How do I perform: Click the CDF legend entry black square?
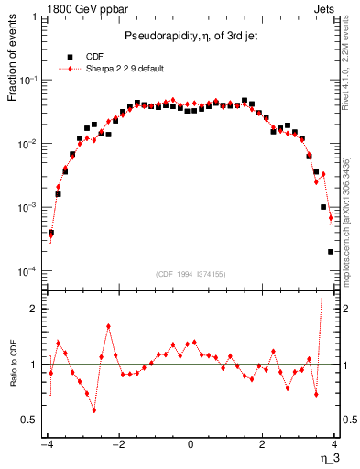click(x=70, y=56)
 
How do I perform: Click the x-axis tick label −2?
click(x=117, y=446)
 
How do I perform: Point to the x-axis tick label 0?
click(x=191, y=446)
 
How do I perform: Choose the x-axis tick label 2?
click(x=263, y=446)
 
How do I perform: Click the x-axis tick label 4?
click(x=334, y=446)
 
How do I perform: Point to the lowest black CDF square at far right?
click(x=331, y=251)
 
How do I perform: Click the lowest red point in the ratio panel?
click(x=94, y=410)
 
